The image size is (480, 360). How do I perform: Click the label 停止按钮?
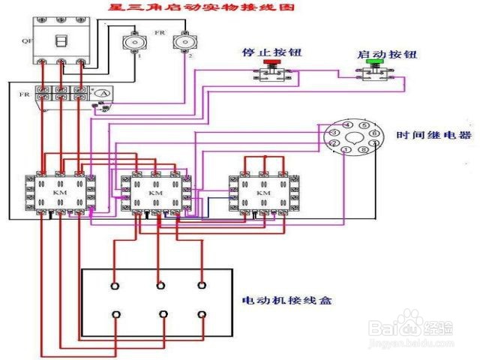tap(263, 54)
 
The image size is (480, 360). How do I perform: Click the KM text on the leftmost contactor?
tap(59, 193)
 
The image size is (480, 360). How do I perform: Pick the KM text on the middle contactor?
tap(155, 193)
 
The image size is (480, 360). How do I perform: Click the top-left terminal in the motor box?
tap(115, 286)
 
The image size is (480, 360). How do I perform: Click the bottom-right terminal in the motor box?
tap(201, 314)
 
